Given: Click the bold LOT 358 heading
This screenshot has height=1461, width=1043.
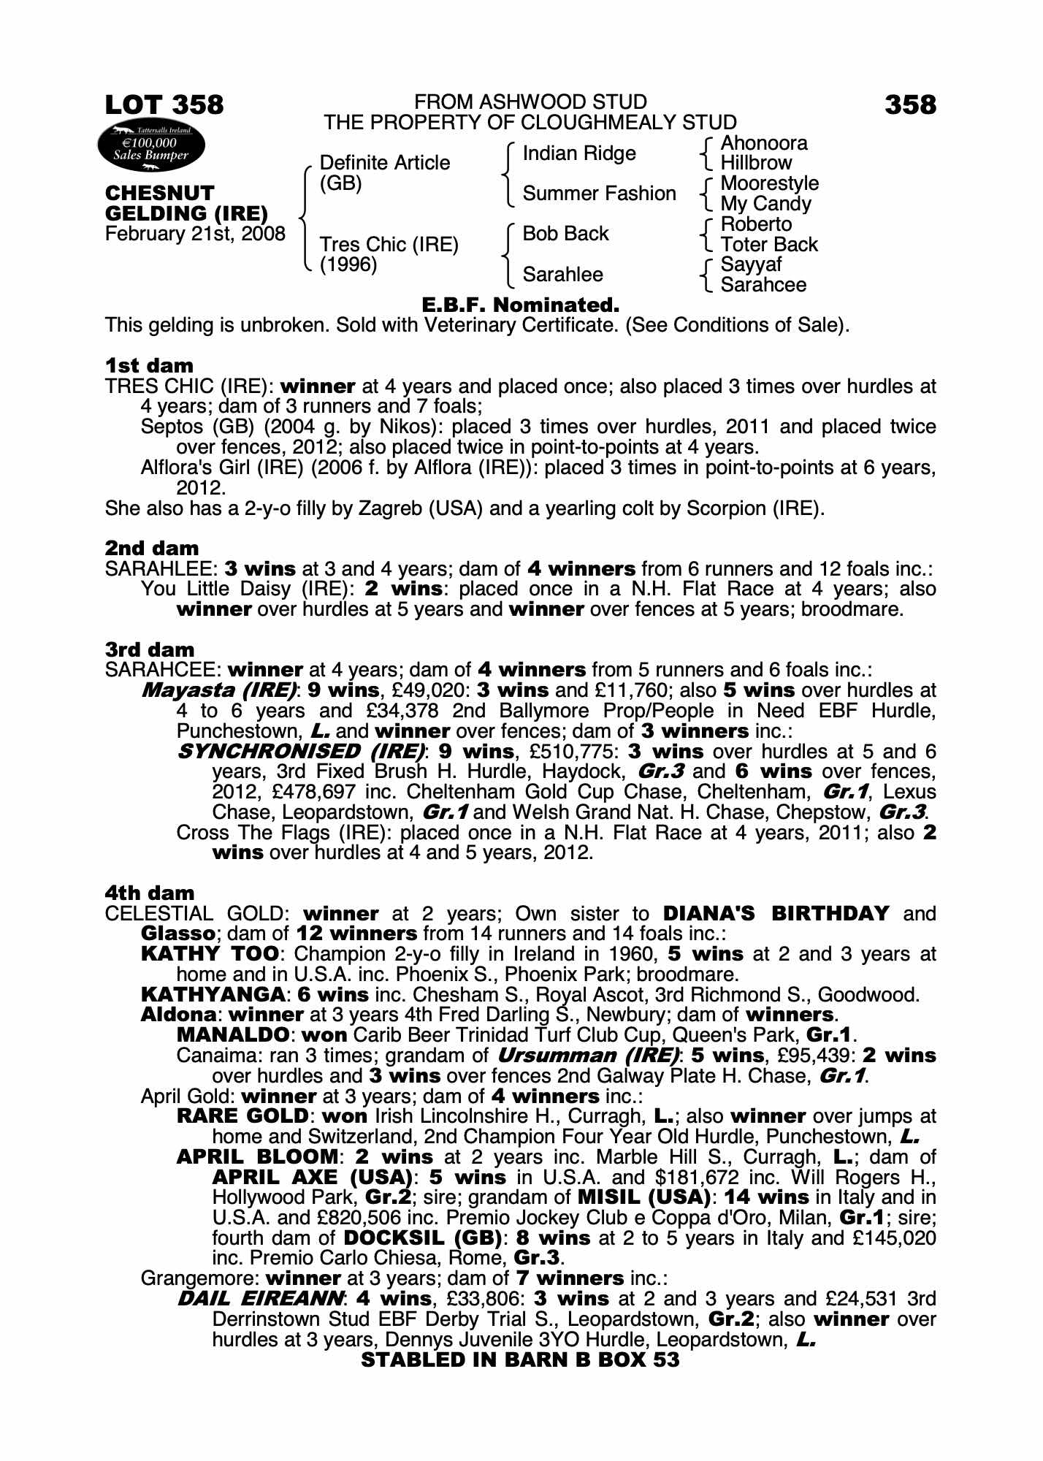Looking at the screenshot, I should pos(164,105).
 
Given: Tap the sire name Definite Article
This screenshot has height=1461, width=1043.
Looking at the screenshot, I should pos(385,162).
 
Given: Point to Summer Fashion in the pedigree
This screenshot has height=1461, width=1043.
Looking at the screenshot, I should pos(599,194).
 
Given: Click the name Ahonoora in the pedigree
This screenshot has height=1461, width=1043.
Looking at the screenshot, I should pos(764,143).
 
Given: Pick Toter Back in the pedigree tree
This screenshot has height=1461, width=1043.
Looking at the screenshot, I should pos(769,245).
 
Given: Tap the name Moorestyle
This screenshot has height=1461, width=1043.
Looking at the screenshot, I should pos(770,183).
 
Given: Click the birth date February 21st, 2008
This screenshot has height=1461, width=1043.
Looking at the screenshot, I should pos(195,234).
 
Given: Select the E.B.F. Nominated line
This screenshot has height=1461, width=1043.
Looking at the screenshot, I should pos(521,305).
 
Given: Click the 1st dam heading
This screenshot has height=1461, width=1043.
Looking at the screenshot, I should pos(149,365).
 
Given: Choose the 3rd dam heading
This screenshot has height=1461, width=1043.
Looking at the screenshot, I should pos(150,649).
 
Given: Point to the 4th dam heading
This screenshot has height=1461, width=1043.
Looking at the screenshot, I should pos(150,893).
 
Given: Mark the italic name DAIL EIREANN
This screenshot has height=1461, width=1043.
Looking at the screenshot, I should pos(260,1299).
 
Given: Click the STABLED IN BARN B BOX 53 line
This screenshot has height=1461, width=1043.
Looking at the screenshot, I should pos(520,1359).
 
